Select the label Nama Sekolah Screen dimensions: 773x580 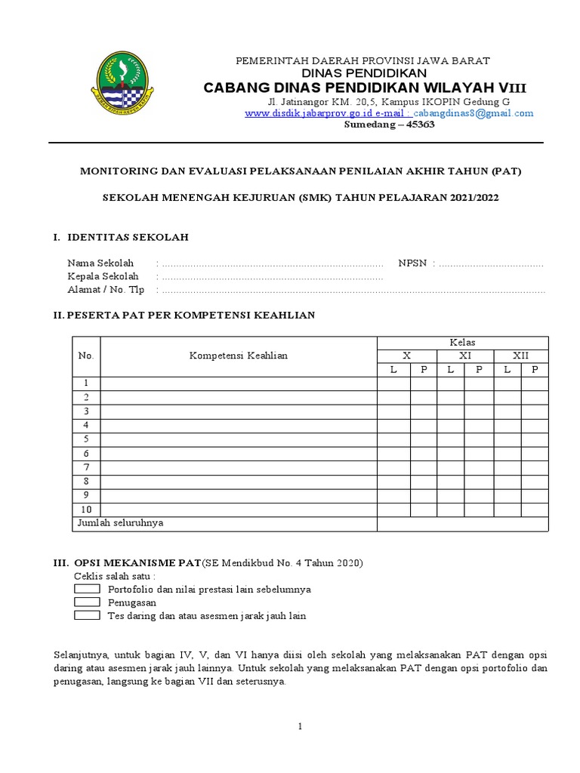tap(100, 263)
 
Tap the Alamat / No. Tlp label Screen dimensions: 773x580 tap(106, 289)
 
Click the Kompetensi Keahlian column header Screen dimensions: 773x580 tap(238, 356)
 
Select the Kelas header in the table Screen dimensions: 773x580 tap(462, 342)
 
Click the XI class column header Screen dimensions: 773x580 tap(465, 356)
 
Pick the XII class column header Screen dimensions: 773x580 tap(521, 356)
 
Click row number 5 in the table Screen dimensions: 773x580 tap(87, 439)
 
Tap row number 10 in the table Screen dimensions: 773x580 tap(87, 509)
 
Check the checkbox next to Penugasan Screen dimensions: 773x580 tap(88, 602)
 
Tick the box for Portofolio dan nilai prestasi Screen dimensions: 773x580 tap(88, 588)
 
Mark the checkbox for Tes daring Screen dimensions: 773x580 tap(88, 615)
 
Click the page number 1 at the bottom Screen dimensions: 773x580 tap(300, 726)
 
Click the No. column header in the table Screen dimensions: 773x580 tap(86, 356)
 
